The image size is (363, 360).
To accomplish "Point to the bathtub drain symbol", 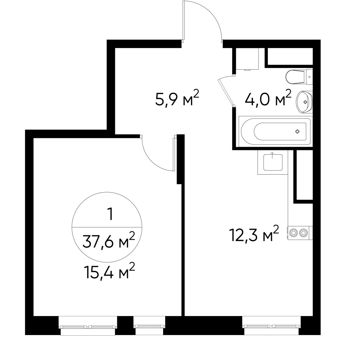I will click(x=297, y=131).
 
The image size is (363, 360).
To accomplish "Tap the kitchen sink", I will click(x=273, y=162).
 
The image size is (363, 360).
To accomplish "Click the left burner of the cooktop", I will click(x=294, y=233).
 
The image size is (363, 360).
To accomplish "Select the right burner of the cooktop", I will click(x=303, y=233).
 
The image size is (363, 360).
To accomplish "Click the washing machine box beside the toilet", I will click(x=247, y=59).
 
